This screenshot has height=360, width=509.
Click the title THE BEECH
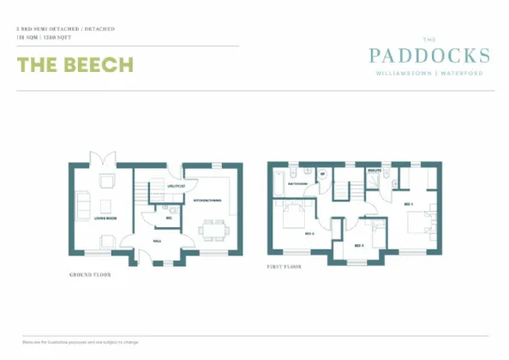click(x=75, y=65)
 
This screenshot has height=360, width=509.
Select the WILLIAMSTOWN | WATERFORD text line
click(x=429, y=74)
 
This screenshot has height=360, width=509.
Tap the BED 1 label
click(x=408, y=204)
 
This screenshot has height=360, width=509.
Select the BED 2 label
click(x=309, y=232)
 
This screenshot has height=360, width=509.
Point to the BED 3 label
click(x=358, y=246)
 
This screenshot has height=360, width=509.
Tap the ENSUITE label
click(x=374, y=171)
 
